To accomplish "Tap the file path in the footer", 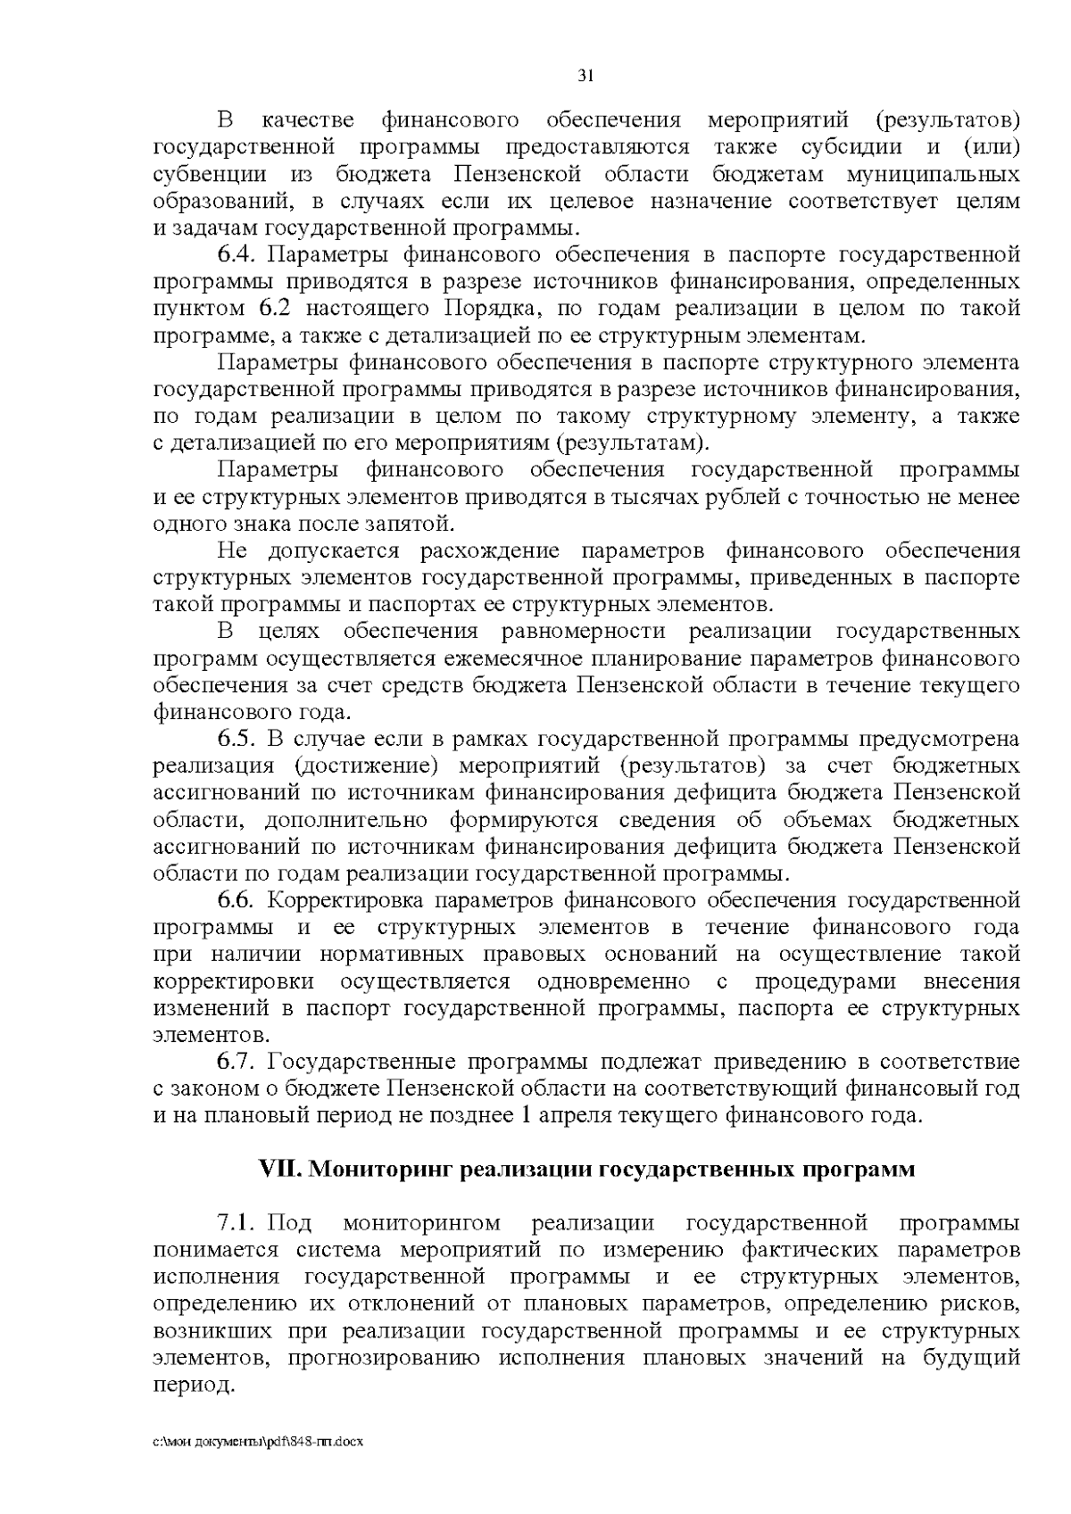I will [x=260, y=1443].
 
